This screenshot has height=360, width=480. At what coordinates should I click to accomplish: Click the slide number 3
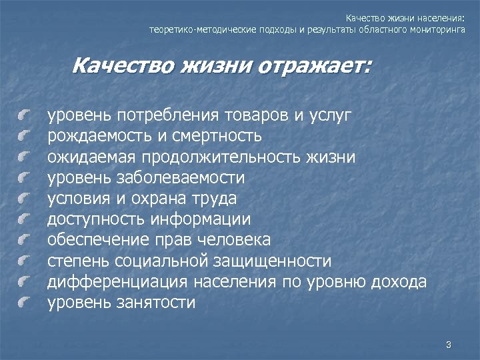tap(449, 345)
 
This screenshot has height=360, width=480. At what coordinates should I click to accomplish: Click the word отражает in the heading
tap(319, 67)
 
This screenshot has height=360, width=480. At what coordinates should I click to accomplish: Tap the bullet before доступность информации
tap(25, 220)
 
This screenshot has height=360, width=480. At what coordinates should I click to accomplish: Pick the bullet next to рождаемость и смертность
tap(25, 137)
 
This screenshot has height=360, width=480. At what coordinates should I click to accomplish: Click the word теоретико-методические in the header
tap(193, 30)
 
